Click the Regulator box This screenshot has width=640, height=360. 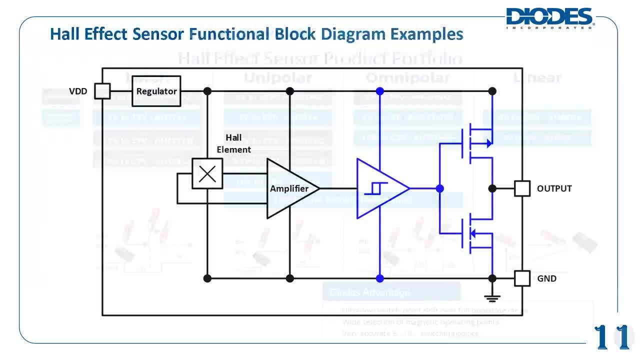(156, 91)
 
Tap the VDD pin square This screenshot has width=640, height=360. (102, 91)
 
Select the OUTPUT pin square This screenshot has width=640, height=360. (522, 188)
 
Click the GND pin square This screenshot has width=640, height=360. (522, 278)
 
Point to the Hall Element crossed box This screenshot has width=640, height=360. (207, 174)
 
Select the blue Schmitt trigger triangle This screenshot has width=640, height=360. (379, 188)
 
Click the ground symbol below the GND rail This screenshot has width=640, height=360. (492, 298)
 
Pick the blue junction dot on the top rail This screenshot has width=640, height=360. (380, 91)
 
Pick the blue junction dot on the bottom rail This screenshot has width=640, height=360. (380, 278)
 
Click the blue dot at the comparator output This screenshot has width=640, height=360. (439, 188)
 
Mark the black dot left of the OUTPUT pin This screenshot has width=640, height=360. (492, 188)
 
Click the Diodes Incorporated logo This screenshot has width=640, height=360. (550, 17)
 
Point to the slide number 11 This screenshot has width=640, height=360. (612, 337)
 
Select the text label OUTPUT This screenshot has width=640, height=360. (554, 188)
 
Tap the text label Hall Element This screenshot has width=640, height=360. (233, 143)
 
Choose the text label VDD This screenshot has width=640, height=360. (78, 91)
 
